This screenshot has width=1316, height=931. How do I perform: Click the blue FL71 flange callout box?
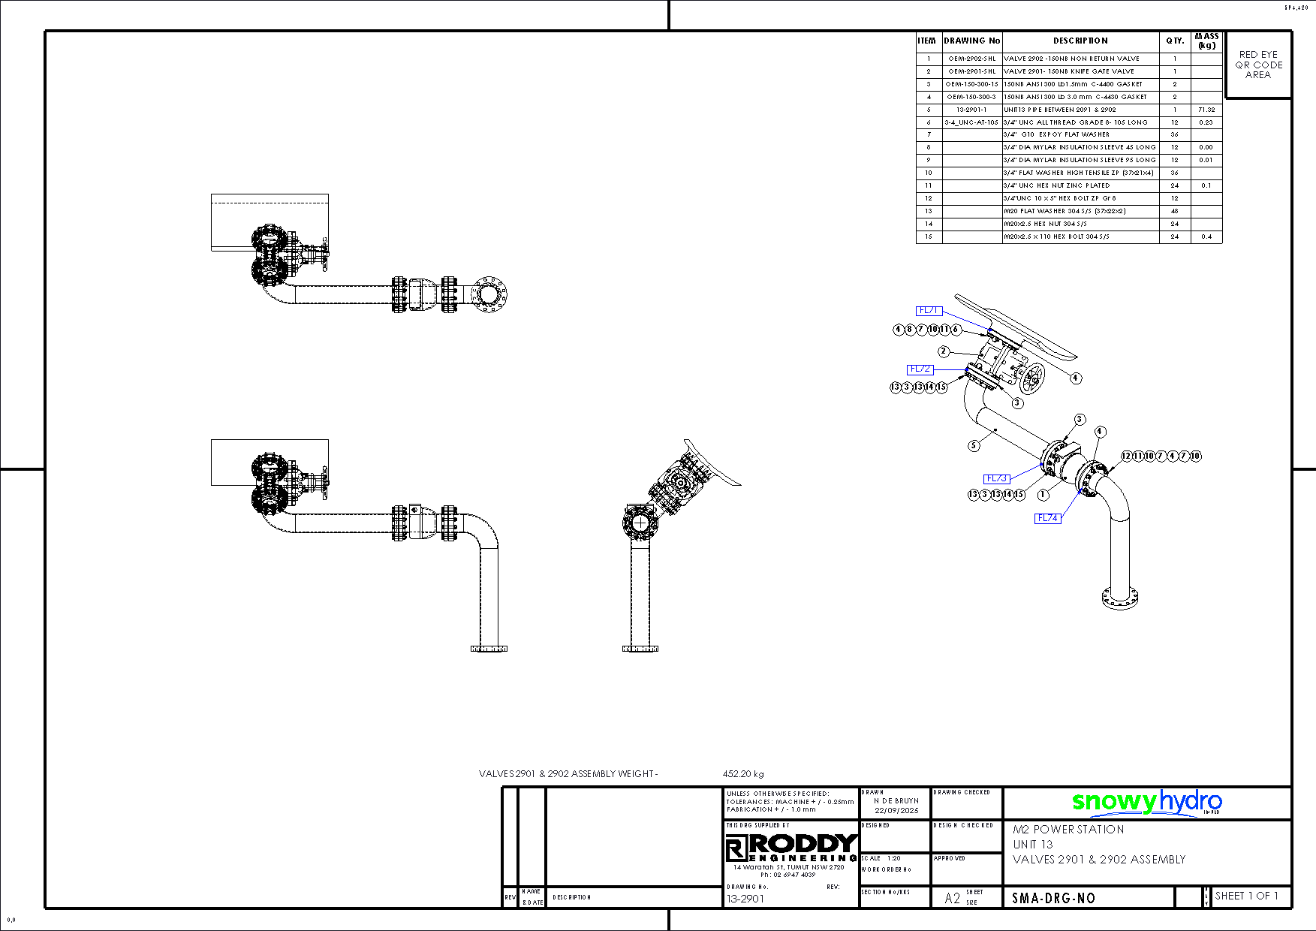pyautogui.click(x=929, y=310)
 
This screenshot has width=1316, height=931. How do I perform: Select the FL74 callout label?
pyautogui.click(x=1048, y=518)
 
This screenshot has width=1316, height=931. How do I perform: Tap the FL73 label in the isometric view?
pyautogui.click(x=996, y=478)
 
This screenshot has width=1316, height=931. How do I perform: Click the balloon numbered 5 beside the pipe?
pyautogui.click(x=974, y=445)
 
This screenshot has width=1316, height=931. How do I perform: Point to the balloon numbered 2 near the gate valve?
pyautogui.click(x=944, y=351)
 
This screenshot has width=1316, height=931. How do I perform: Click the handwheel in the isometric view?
pyautogui.click(x=1032, y=378)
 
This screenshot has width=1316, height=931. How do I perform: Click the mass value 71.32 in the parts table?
pyautogui.click(x=1206, y=110)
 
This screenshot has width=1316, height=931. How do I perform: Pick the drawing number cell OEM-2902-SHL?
pyautogui.click(x=972, y=59)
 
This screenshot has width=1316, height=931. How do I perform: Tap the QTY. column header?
pyautogui.click(x=1175, y=41)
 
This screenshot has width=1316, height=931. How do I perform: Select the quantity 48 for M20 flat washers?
pyautogui.click(x=1175, y=211)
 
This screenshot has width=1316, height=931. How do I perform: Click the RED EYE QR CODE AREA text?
pyautogui.click(x=1258, y=65)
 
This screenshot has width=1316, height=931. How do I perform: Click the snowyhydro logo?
pyautogui.click(x=1146, y=802)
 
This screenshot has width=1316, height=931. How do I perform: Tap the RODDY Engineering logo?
pyautogui.click(x=791, y=848)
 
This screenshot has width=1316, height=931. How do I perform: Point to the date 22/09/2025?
pyautogui.click(x=896, y=811)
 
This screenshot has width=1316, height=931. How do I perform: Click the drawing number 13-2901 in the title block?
pyautogui.click(x=745, y=899)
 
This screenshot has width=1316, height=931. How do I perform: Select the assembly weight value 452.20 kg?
pyautogui.click(x=743, y=773)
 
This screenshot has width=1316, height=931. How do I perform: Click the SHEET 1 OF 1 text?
pyautogui.click(x=1246, y=896)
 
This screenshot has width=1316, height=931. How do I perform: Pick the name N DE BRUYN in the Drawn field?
pyautogui.click(x=896, y=801)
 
